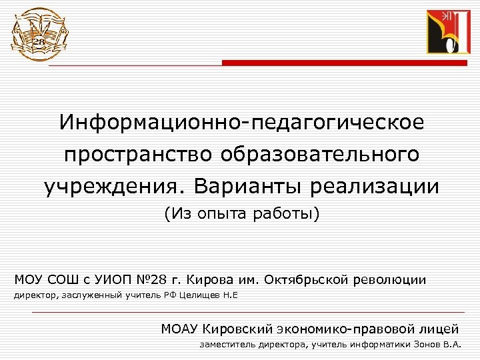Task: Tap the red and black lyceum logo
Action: (x=449, y=33)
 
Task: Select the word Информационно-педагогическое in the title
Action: (x=241, y=123)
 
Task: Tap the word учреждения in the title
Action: (x=110, y=186)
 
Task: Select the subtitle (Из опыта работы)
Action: (x=241, y=214)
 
